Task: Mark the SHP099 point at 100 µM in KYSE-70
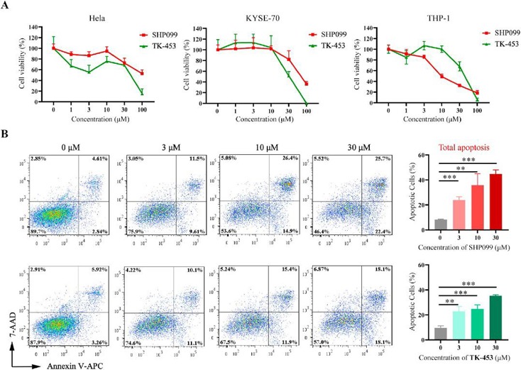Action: click(305, 83)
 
